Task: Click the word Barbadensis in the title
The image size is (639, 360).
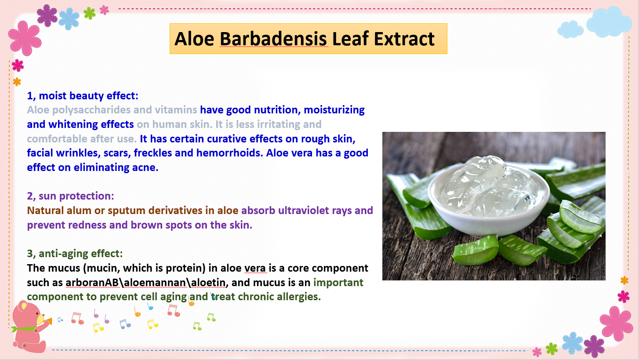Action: tap(273, 39)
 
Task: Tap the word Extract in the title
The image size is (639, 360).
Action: tap(404, 39)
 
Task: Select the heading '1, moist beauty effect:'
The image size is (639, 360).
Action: tap(83, 96)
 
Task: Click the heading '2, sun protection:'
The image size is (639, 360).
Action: tap(70, 196)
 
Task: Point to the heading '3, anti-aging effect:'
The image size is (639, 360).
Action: tap(75, 254)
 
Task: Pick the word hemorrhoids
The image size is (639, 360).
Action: tap(229, 153)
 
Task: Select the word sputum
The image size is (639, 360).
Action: tap(127, 211)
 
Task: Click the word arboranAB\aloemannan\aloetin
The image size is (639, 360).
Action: tap(146, 282)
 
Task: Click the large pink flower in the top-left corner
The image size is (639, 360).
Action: tap(25, 38)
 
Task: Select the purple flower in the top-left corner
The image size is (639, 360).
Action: tap(47, 15)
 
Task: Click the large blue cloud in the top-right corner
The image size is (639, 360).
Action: tap(609, 22)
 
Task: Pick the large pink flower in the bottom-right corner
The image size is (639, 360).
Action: tap(616, 324)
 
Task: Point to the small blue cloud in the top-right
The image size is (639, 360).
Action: tap(570, 29)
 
